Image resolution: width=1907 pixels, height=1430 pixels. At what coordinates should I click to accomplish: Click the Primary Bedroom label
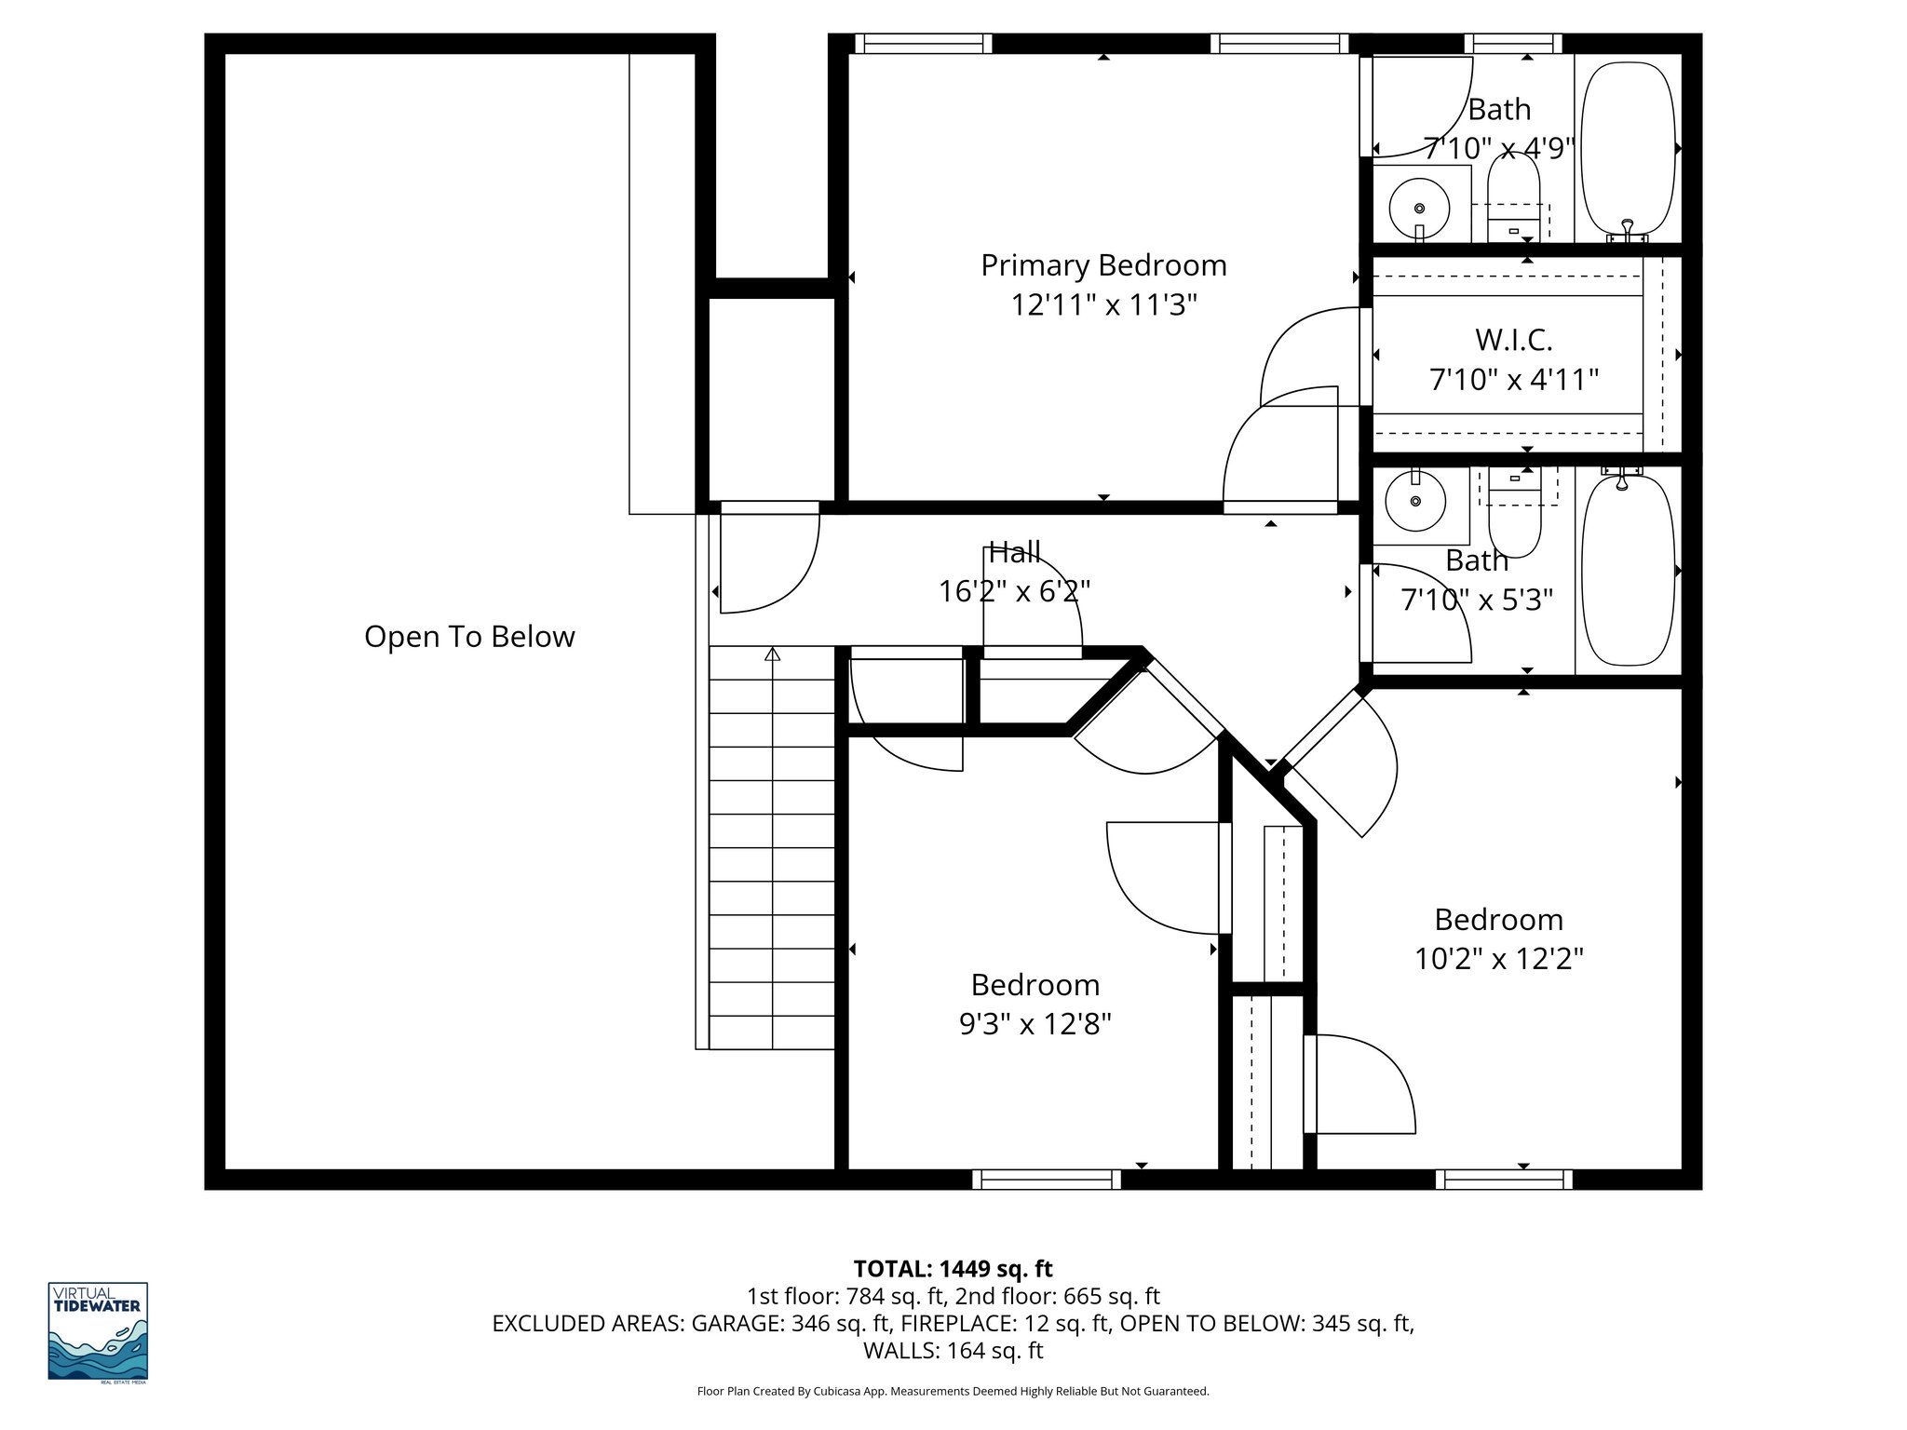pyautogui.click(x=1103, y=266)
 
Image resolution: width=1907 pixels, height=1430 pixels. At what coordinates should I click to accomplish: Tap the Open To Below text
pyautogui.click(x=469, y=637)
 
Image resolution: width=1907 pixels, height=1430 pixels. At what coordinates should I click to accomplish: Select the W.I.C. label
pyautogui.click(x=1513, y=341)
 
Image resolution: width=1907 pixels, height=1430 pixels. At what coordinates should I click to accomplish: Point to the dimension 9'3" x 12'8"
pyautogui.click(x=1035, y=1025)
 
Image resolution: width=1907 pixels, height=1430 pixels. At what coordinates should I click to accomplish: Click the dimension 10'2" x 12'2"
pyautogui.click(x=1499, y=959)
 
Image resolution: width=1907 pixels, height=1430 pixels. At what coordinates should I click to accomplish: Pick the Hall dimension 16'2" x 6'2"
pyautogui.click(x=1014, y=591)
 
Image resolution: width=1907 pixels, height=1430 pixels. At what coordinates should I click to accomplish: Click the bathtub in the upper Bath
pyautogui.click(x=1629, y=149)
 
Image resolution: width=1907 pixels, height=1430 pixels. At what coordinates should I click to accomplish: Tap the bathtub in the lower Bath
pyautogui.click(x=1629, y=570)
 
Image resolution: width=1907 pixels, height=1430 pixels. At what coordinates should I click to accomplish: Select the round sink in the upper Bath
pyautogui.click(x=1419, y=209)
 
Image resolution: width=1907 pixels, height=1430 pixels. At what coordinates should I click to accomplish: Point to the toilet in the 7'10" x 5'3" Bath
pyautogui.click(x=1515, y=526)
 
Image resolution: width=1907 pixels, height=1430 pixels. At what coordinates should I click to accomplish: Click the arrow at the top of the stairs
pyautogui.click(x=772, y=654)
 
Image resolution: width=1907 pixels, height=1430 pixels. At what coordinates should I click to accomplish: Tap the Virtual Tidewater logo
pyautogui.click(x=98, y=1332)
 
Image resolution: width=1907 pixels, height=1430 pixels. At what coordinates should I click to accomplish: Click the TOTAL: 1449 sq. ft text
pyautogui.click(x=953, y=1269)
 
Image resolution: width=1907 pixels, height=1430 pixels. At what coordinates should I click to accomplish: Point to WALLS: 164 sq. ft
pyautogui.click(x=953, y=1351)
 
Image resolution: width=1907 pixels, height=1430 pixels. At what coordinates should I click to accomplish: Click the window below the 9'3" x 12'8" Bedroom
pyautogui.click(x=1047, y=1180)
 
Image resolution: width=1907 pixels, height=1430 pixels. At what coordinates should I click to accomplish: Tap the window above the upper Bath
pyautogui.click(x=1512, y=43)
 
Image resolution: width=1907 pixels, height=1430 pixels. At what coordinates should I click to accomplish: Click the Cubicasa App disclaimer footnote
pyautogui.click(x=953, y=1392)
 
